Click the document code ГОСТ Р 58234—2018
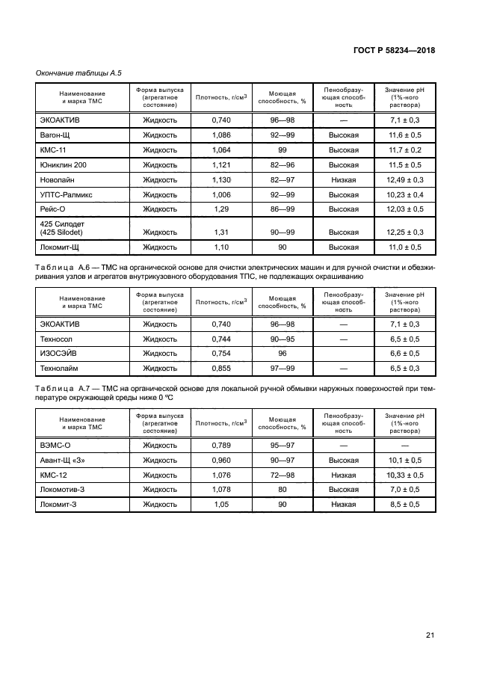coord(394,50)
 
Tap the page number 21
coord(430,635)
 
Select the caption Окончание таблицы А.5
coord(79,73)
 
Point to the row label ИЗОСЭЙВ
coord(59,353)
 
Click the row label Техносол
coord(58,339)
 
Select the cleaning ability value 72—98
coord(282,475)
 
